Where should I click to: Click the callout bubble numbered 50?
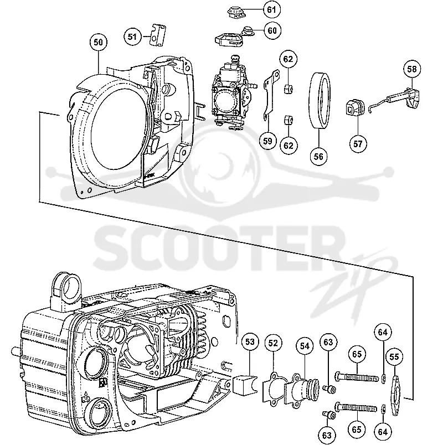98,42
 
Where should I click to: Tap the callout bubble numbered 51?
132,37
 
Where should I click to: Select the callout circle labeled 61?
271,9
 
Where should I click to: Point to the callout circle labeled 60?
272,30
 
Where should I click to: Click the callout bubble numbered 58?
412,69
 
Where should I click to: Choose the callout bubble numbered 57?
358,144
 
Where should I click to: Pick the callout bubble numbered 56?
318,157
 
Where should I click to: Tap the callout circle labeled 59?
267,141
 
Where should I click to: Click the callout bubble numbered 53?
250,342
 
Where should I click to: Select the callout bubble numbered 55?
394,356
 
